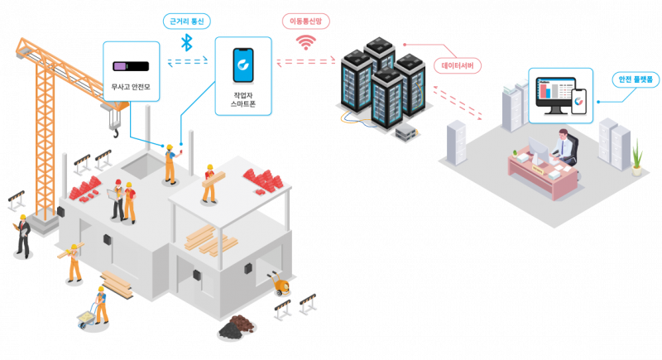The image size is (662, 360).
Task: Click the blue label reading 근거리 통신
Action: point(185,22)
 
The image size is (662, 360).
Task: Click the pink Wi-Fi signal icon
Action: point(306,41)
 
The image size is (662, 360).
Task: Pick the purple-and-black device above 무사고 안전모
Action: point(131,65)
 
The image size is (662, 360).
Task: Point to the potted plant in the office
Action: point(636,156)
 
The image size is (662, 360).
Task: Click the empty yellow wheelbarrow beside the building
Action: point(280,286)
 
